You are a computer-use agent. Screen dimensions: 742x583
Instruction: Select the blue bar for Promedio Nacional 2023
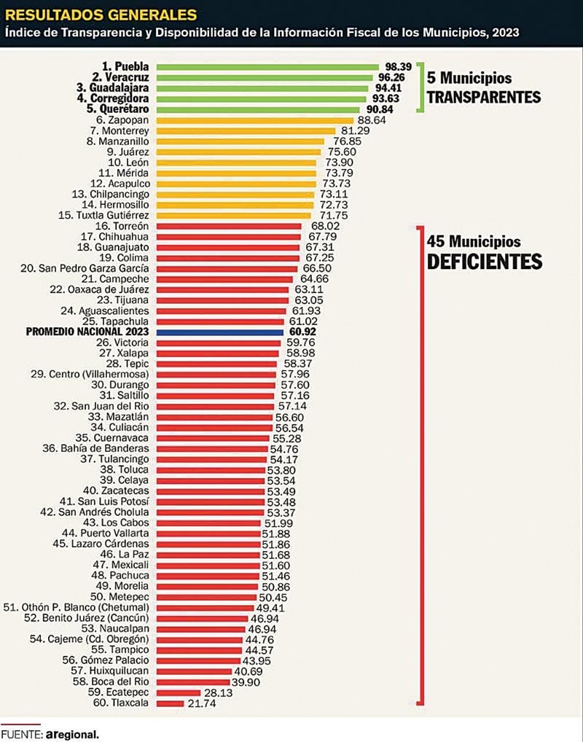[219, 332]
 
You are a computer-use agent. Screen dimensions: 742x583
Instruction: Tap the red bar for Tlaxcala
[169, 703]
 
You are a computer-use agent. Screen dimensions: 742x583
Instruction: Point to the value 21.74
[200, 703]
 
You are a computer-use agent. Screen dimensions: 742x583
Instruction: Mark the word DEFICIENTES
[485, 261]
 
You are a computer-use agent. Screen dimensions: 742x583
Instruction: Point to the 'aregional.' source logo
[71, 733]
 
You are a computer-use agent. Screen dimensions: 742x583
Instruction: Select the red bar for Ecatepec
[179, 692]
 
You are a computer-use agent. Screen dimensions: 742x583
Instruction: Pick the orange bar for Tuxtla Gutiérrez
[233, 215]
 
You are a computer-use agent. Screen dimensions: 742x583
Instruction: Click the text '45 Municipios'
[474, 240]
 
